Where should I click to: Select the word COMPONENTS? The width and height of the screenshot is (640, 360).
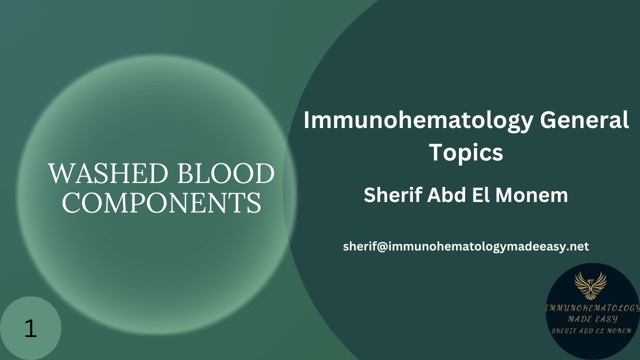click(x=161, y=202)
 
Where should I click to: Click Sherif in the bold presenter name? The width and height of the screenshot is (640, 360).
click(x=391, y=195)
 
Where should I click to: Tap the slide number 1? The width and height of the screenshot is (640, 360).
click(x=30, y=328)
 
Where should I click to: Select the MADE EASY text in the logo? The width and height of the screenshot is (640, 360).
click(x=592, y=319)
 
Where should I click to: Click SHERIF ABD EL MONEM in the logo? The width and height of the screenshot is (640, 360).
click(x=592, y=330)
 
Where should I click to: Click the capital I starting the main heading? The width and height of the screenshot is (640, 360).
click(x=307, y=121)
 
